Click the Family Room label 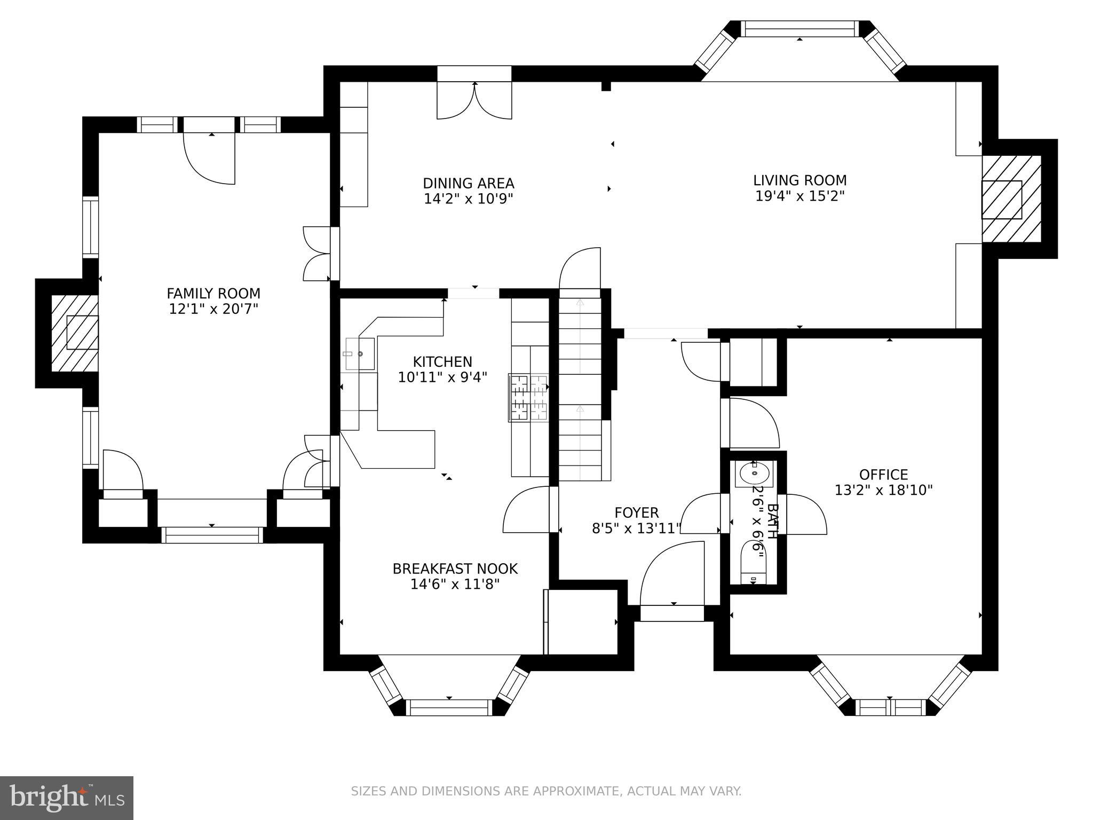(x=213, y=294)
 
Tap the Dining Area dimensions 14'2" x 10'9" (x=468, y=199)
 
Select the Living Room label (x=799, y=180)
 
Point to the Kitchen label (x=442, y=362)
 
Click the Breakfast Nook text (x=455, y=569)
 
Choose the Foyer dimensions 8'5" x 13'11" (x=636, y=529)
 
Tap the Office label (x=883, y=475)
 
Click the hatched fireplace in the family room (x=75, y=332)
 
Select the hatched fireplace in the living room (x=1011, y=199)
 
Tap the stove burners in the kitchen (x=528, y=398)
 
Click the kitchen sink (x=360, y=353)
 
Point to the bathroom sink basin (x=754, y=472)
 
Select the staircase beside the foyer (x=580, y=384)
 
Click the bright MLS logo (x=66, y=798)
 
